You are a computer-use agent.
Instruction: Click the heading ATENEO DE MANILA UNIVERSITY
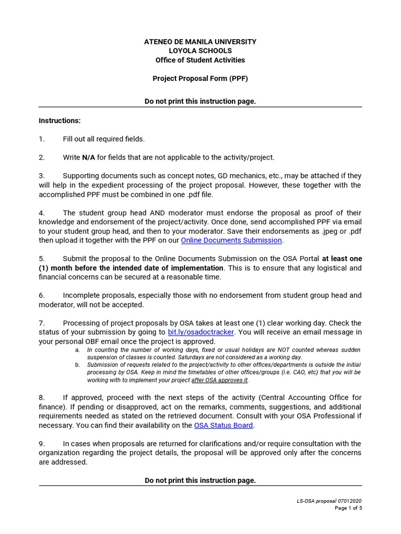[x=200, y=41]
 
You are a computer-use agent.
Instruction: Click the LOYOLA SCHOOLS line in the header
[x=200, y=51]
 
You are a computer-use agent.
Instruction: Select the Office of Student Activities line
[x=200, y=60]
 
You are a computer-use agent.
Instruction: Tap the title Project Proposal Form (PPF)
[x=200, y=78]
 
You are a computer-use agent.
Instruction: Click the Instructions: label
[x=60, y=120]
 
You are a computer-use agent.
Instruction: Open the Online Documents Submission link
[x=231, y=240]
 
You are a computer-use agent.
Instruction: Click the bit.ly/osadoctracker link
[x=201, y=332]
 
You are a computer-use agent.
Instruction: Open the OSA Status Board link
[x=223, y=426]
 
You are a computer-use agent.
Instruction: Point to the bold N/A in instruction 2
[x=88, y=157]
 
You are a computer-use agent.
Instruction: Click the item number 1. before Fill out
[x=42, y=139]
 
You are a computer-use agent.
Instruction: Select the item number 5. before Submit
[x=42, y=259]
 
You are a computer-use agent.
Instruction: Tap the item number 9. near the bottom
[x=42, y=444]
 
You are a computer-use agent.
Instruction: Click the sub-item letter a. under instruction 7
[x=77, y=350]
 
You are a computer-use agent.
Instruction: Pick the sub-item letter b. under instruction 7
[x=77, y=365]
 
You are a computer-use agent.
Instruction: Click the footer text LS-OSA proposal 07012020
[x=329, y=501]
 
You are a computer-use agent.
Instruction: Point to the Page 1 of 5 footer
[x=348, y=508]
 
